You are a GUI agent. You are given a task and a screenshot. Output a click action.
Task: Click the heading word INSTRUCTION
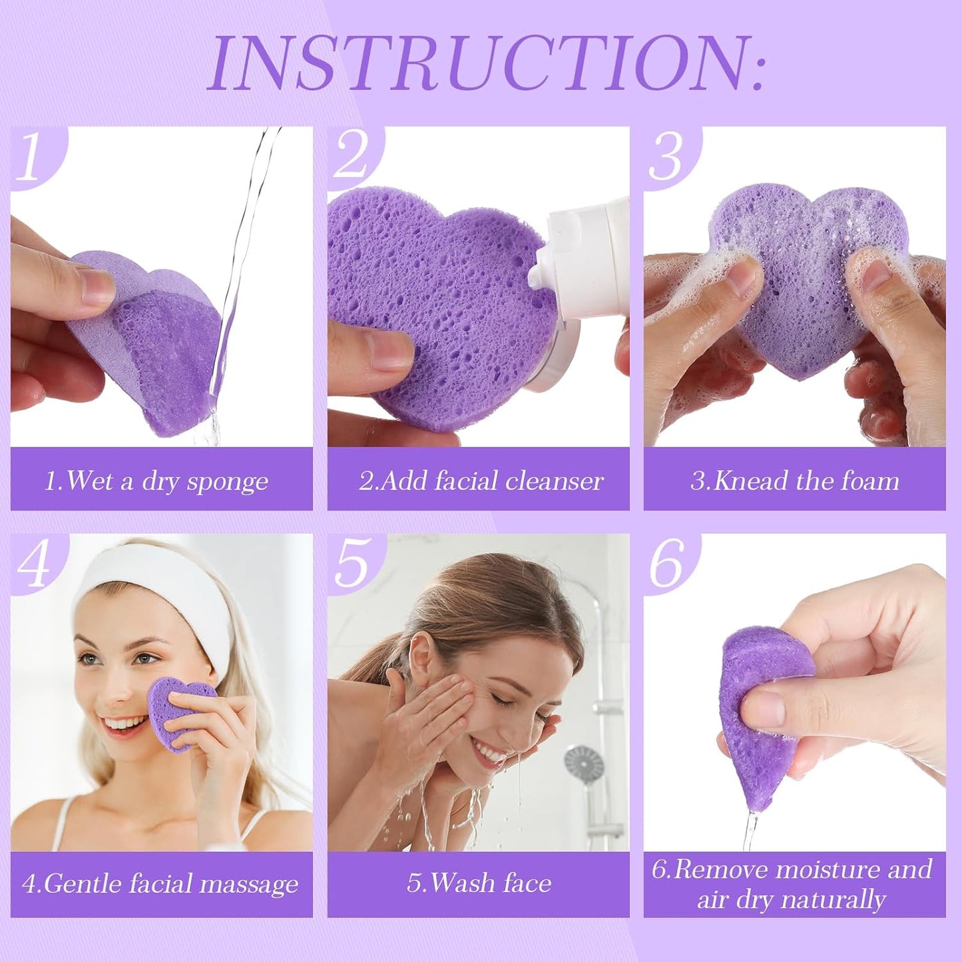pos(486,63)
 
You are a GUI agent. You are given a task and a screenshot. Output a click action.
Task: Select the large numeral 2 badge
pos(351,156)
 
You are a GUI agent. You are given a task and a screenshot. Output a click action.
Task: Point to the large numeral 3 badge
pos(666,157)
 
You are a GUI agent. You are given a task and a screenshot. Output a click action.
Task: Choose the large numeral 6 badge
pos(667,563)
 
